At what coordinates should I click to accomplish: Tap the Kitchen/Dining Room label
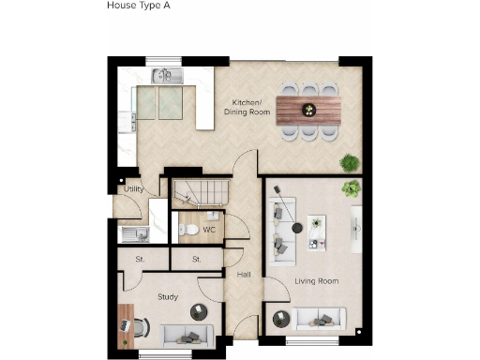(247, 107)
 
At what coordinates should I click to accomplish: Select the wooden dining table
(309, 109)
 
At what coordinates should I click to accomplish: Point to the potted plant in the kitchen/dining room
(350, 160)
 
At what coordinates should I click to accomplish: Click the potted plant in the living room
(352, 187)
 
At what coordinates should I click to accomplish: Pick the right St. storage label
(197, 259)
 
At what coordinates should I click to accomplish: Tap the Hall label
(244, 275)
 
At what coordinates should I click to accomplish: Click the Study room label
(168, 297)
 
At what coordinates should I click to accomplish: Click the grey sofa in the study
(187, 335)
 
